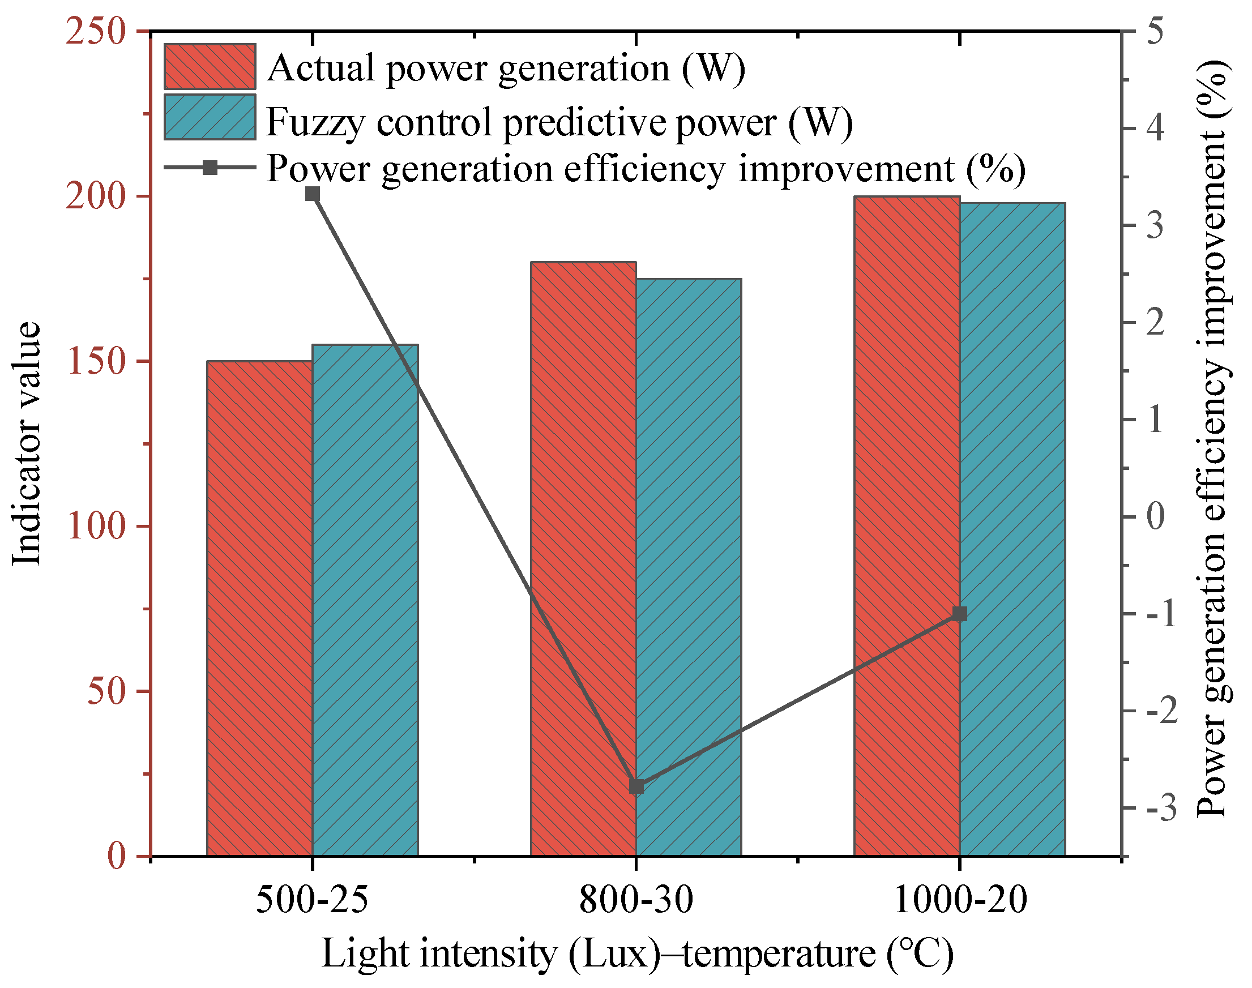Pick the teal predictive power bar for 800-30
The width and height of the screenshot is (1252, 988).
689,567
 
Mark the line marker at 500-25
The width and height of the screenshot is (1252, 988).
313,194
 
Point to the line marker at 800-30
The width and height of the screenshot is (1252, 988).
636,786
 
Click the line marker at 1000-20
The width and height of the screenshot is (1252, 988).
960,614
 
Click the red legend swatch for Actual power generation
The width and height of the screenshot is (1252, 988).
210,66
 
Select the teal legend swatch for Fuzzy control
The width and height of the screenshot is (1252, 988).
210,117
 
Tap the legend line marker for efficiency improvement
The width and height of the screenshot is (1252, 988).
210,168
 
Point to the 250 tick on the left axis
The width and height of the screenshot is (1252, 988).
96,31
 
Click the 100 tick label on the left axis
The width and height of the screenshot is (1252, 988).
96,527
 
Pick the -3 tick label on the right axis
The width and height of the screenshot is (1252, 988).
1161,808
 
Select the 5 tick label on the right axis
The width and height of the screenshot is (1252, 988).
1155,31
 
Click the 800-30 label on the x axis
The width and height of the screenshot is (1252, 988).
636,900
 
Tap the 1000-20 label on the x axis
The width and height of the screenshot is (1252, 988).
960,900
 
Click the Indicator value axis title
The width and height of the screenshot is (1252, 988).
27,443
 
